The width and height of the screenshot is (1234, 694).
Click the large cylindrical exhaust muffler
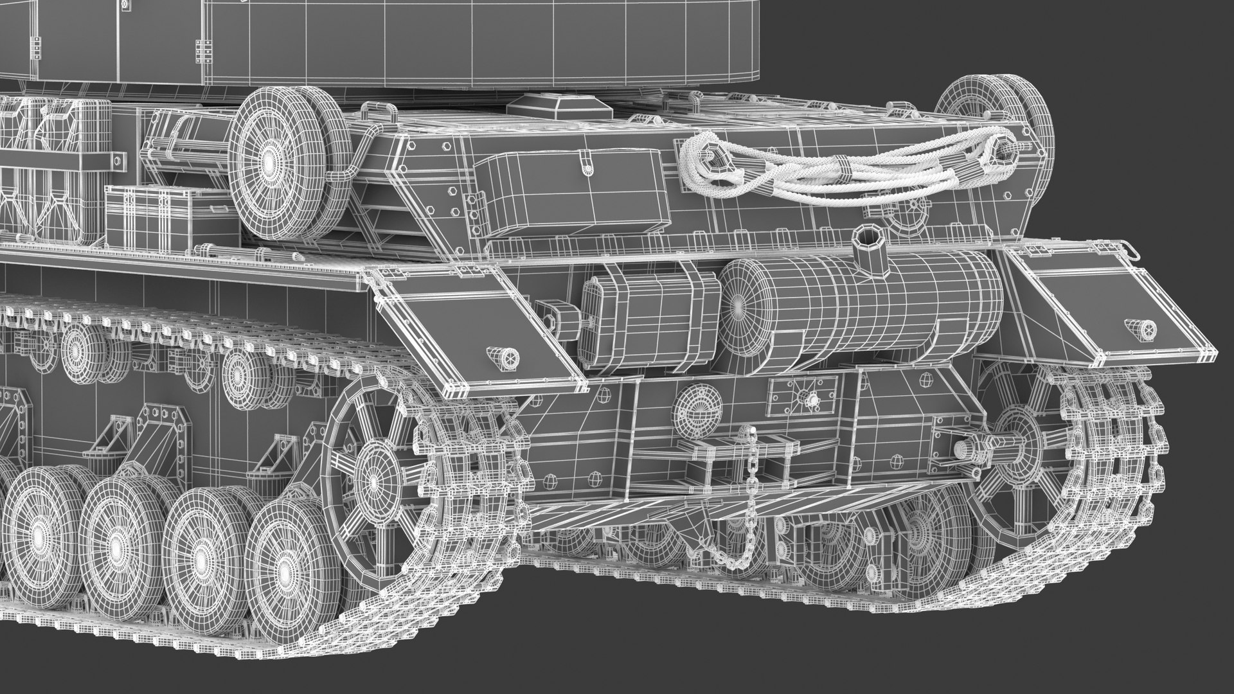click(861, 306)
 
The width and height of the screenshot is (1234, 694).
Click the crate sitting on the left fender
click(170, 215)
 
